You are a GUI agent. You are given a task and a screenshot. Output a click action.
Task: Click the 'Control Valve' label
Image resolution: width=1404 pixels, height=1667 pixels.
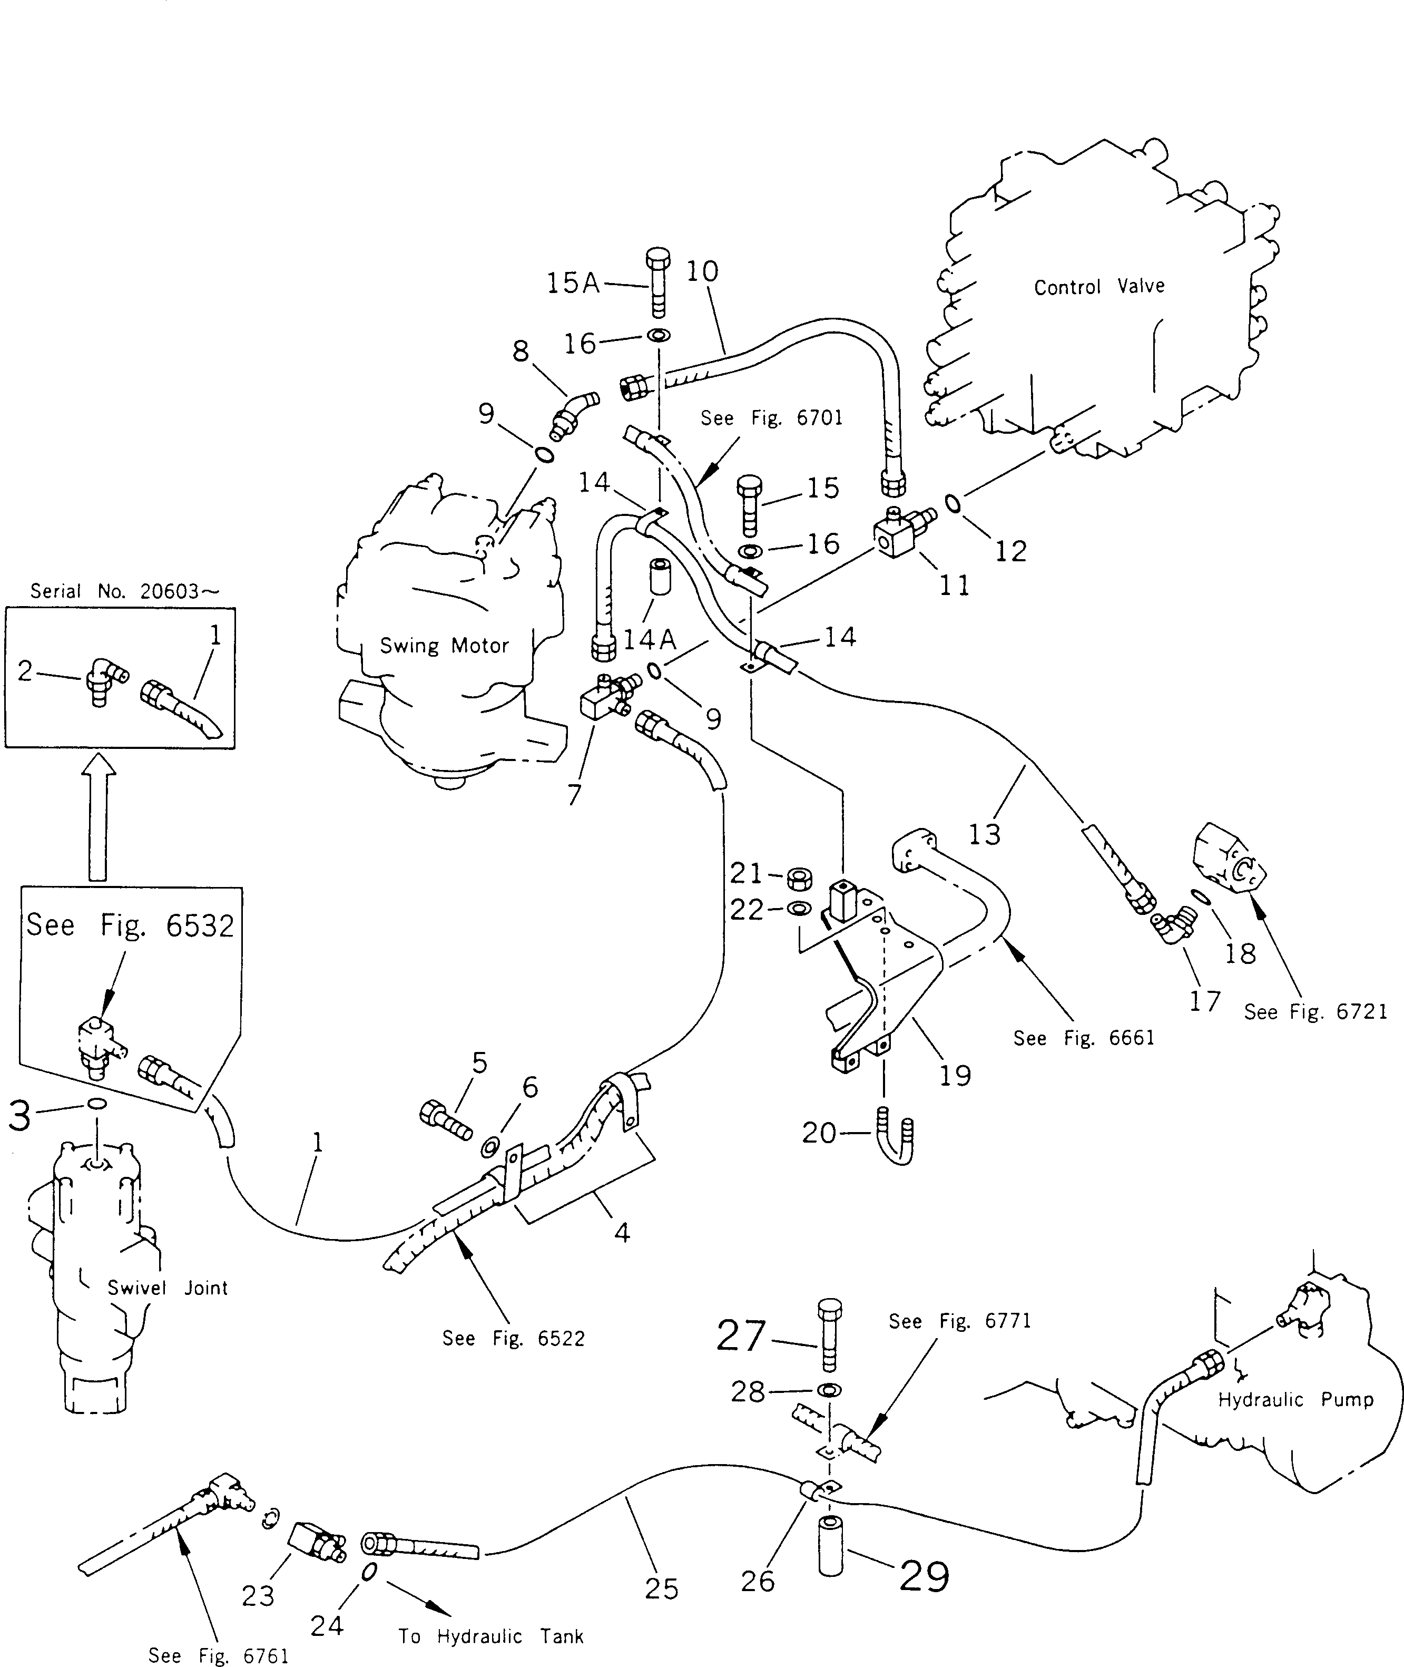click(1098, 287)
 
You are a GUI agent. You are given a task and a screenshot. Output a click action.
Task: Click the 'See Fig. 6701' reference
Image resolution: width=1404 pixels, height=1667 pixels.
click(771, 418)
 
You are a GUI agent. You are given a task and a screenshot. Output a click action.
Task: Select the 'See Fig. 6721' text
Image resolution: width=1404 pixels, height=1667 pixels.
click(1315, 1012)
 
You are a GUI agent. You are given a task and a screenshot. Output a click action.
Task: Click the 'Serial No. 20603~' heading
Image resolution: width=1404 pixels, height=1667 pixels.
click(125, 591)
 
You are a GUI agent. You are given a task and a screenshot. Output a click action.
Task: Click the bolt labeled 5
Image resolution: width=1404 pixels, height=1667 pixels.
click(446, 1121)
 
